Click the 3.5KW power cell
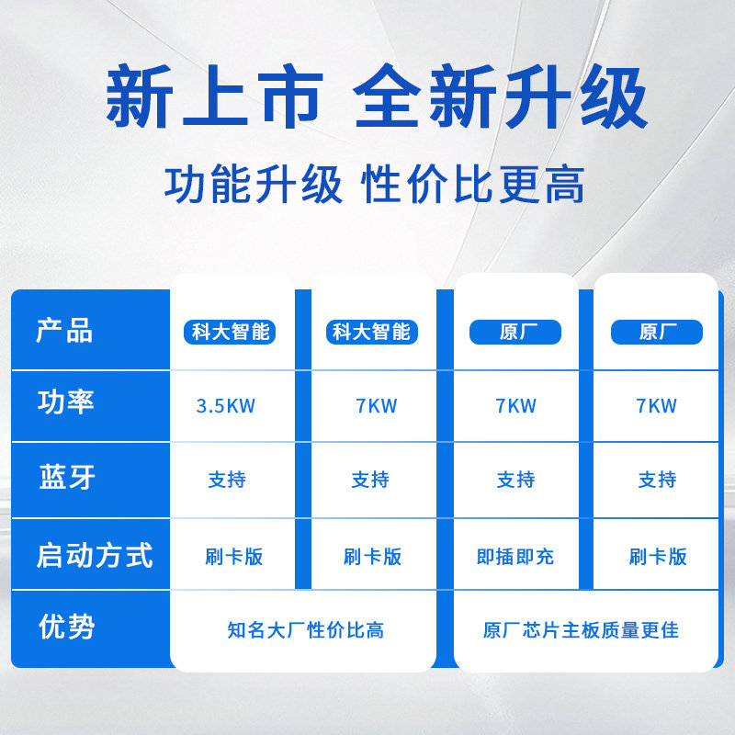click(226, 406)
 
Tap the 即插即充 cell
click(515, 557)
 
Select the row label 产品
click(64, 331)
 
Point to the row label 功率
click(65, 401)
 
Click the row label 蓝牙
click(66, 477)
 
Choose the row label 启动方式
click(94, 556)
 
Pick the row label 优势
click(66, 628)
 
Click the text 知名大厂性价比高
click(305, 630)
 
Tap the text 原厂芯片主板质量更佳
click(581, 630)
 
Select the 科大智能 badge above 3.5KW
click(231, 332)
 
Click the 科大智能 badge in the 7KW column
click(371, 332)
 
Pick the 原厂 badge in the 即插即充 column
click(515, 332)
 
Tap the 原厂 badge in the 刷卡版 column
click(656, 332)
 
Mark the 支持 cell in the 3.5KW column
click(227, 480)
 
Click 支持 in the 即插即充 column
click(515, 480)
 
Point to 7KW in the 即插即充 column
click(515, 406)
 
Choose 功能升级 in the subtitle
click(253, 184)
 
